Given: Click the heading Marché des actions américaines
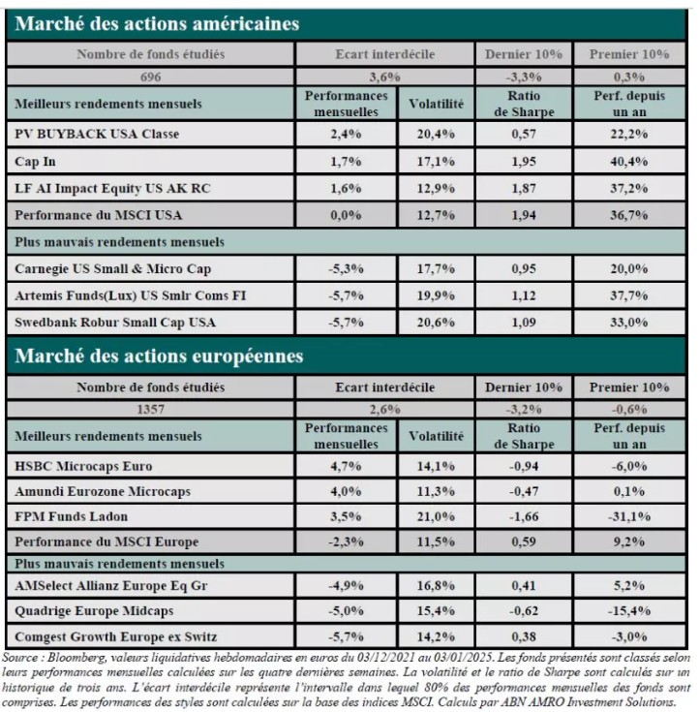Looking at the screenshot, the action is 157,23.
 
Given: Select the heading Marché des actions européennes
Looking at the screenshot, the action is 159,356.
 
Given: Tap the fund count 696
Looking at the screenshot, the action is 150,77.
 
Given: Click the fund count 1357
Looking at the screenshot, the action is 150,409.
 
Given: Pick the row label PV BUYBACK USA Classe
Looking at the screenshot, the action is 97,134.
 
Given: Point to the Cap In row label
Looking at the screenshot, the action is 35,161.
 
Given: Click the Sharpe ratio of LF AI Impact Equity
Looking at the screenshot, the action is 524,188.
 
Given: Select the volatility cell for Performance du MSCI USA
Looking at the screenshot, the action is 436,215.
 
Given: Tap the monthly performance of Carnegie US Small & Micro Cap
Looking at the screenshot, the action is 346,268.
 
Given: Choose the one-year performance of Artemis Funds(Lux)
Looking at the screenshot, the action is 628,295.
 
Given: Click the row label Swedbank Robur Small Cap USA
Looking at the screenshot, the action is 115,322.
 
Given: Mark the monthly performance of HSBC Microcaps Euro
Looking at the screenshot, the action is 346,466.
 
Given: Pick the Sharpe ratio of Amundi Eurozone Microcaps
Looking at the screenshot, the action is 524,491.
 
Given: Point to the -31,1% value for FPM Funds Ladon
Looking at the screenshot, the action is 628,516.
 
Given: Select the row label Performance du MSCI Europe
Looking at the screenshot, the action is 106,542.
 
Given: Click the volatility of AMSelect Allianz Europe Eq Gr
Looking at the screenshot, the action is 436,585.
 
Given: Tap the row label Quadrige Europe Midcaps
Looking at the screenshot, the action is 94,610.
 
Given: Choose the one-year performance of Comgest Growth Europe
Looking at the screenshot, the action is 628,636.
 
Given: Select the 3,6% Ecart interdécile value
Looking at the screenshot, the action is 384,77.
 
